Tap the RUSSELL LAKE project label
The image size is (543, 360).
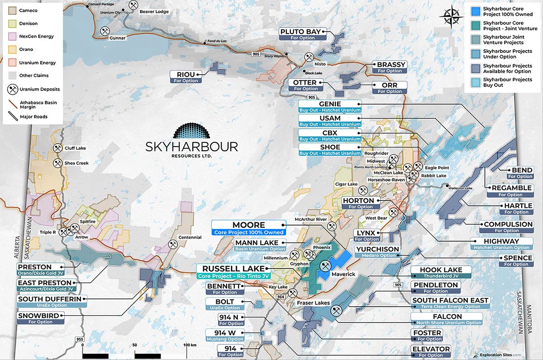click(x=233, y=270)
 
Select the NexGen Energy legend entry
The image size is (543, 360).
click(x=34, y=36)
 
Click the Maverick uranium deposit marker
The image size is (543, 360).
click(x=325, y=265)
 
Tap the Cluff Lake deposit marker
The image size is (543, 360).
click(x=58, y=148)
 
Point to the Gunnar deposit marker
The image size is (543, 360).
click(x=104, y=32)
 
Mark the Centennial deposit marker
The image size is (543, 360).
click(x=172, y=244)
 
